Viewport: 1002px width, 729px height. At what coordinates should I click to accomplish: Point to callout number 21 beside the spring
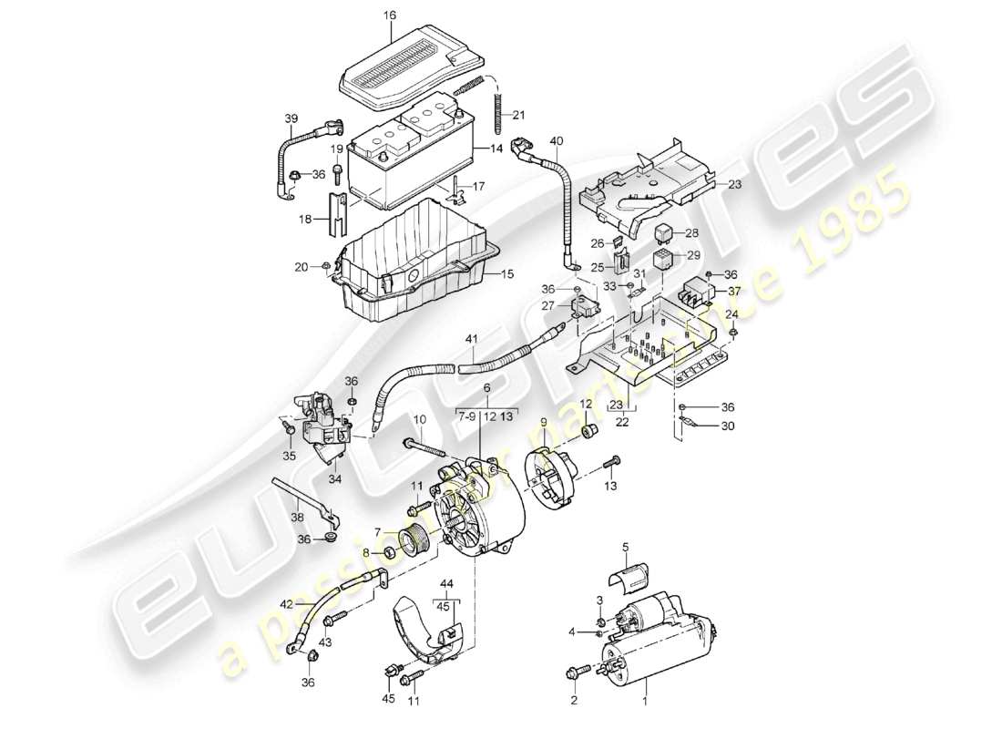click(x=518, y=115)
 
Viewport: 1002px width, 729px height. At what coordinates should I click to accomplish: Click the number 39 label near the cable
click(x=291, y=119)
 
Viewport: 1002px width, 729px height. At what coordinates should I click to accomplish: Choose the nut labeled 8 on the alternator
click(x=386, y=553)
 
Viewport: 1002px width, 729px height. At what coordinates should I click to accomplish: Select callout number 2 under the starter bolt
click(x=574, y=700)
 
